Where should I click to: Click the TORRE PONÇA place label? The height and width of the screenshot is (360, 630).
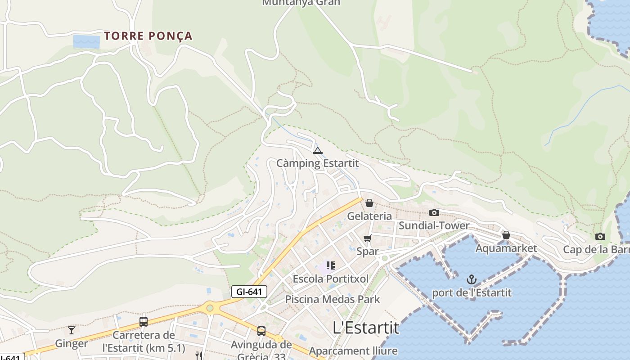pyautogui.click(x=148, y=36)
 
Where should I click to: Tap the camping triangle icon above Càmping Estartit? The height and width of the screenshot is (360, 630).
pyautogui.click(x=318, y=150)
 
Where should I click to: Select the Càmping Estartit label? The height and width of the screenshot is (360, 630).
pyautogui.click(x=318, y=163)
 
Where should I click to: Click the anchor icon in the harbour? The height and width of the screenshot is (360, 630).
pyautogui.click(x=471, y=280)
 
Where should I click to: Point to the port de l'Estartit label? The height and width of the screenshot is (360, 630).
pyautogui.click(x=472, y=292)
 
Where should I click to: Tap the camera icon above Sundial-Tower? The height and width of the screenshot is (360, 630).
pyautogui.click(x=434, y=212)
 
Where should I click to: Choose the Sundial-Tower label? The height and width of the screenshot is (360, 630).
pyautogui.click(x=434, y=225)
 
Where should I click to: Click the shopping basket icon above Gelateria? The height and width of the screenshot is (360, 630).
pyautogui.click(x=369, y=203)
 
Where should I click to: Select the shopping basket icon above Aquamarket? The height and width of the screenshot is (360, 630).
pyautogui.click(x=506, y=235)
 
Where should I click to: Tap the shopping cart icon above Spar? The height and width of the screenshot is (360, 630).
pyautogui.click(x=368, y=238)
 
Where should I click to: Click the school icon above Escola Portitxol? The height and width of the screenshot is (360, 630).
pyautogui.click(x=331, y=265)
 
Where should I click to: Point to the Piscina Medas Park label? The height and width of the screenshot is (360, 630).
pyautogui.click(x=333, y=299)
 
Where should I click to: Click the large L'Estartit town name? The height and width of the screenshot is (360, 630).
pyautogui.click(x=366, y=328)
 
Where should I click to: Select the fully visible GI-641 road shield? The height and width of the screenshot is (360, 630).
pyautogui.click(x=249, y=292)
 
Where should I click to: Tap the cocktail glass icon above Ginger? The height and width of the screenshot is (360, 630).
pyautogui.click(x=72, y=330)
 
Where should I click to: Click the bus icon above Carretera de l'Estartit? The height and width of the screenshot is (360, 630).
pyautogui.click(x=144, y=321)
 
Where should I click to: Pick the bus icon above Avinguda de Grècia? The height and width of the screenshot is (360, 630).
pyautogui.click(x=261, y=331)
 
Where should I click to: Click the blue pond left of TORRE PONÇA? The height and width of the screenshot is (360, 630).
pyautogui.click(x=86, y=41)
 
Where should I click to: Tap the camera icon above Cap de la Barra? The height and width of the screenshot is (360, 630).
pyautogui.click(x=600, y=237)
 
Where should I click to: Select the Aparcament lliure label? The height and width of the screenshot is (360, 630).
pyautogui.click(x=353, y=351)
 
